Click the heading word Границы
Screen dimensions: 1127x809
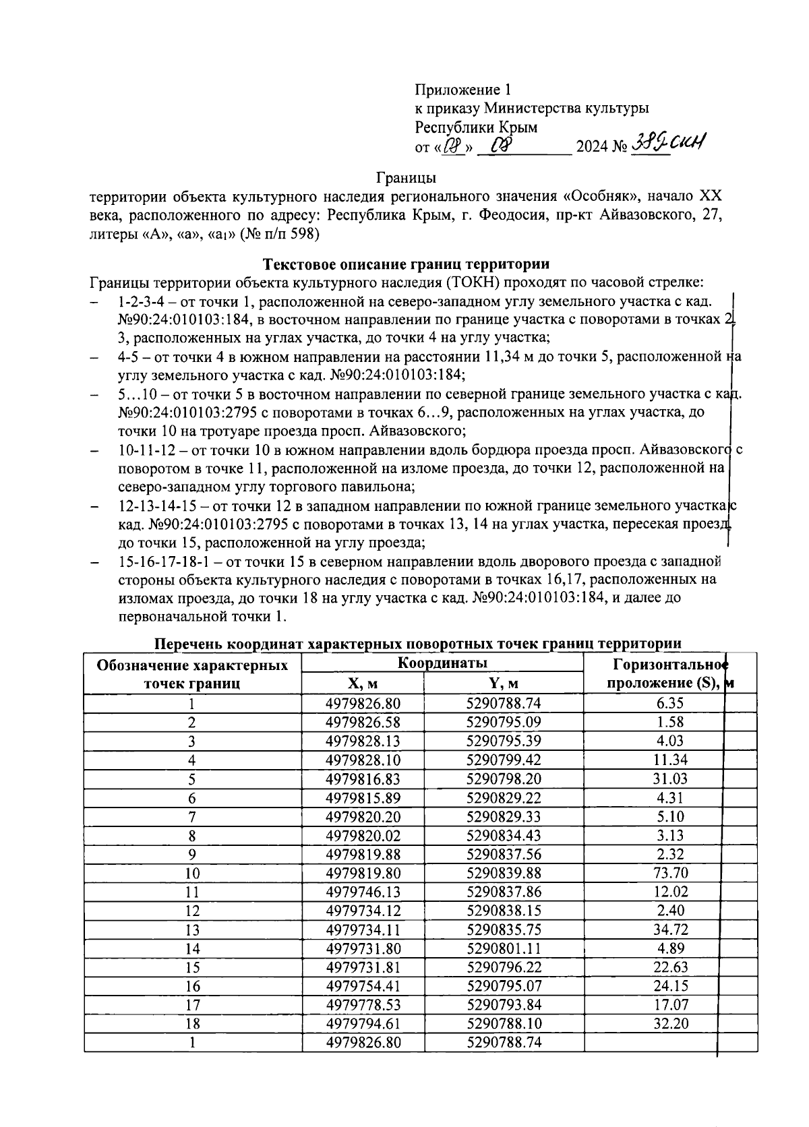click(x=406, y=178)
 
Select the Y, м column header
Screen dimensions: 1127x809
click(x=504, y=683)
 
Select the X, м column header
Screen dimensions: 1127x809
click(x=362, y=683)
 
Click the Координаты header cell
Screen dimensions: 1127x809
click(x=442, y=663)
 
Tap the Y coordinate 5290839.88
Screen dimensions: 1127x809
click(x=504, y=873)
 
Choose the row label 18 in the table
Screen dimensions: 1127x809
click(x=192, y=1024)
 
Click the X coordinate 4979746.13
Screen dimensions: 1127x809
click(x=362, y=892)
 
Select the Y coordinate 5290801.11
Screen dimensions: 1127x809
click(x=504, y=948)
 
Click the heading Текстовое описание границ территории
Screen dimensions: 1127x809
click(x=406, y=264)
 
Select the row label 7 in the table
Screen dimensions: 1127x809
click(x=192, y=816)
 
